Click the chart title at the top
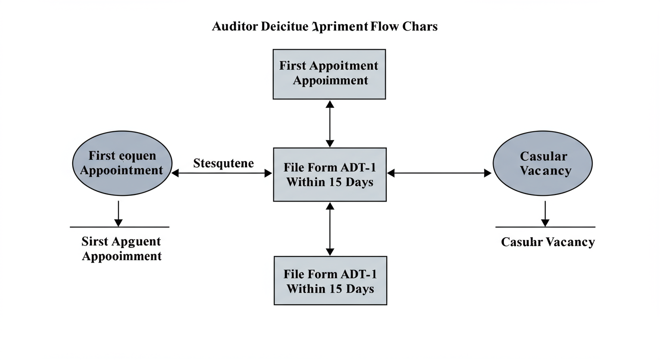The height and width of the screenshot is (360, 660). click(324, 26)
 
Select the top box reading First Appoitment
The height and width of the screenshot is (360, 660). click(329, 74)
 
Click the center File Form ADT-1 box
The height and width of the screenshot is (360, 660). click(330, 174)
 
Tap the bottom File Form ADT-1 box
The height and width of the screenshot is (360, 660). click(330, 280)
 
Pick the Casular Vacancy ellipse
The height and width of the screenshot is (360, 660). click(542, 164)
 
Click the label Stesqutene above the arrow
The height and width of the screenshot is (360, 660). click(223, 164)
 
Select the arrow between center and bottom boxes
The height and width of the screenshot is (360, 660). click(330, 229)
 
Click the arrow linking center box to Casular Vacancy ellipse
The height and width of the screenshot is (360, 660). click(439, 173)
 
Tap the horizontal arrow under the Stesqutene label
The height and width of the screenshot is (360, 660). click(222, 173)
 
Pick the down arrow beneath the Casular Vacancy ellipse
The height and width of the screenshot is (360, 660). click(545, 213)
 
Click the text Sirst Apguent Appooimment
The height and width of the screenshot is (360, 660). click(121, 249)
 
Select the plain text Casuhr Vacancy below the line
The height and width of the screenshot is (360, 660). click(547, 242)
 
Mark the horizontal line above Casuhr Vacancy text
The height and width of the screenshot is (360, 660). click(545, 227)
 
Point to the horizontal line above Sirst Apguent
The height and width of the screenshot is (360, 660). click(120, 227)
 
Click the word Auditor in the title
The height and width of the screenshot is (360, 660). click(234, 26)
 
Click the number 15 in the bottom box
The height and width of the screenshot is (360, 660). click(335, 288)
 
